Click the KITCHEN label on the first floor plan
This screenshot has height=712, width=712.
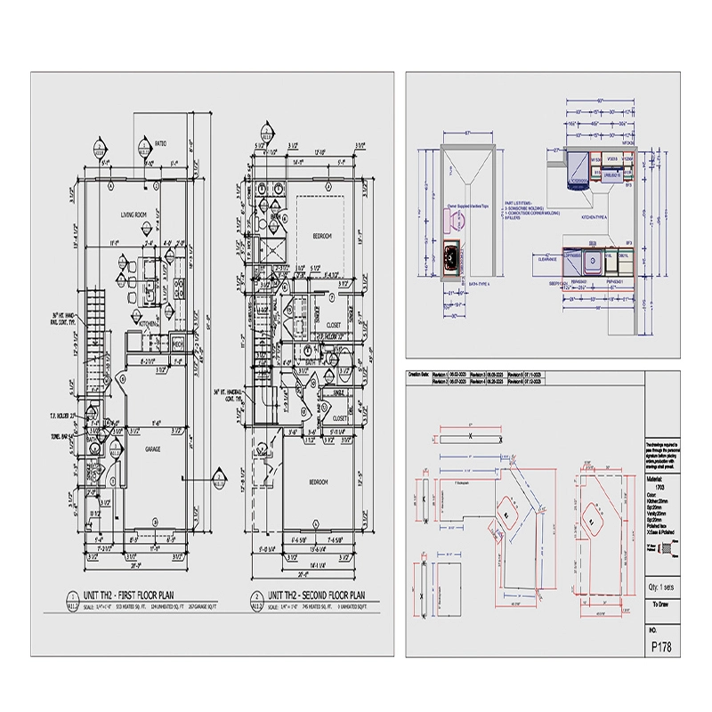tap(148, 325)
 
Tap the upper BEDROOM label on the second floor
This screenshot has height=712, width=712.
tap(323, 236)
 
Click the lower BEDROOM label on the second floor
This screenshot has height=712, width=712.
tap(319, 482)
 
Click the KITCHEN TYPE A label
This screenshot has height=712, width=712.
tap(594, 216)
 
